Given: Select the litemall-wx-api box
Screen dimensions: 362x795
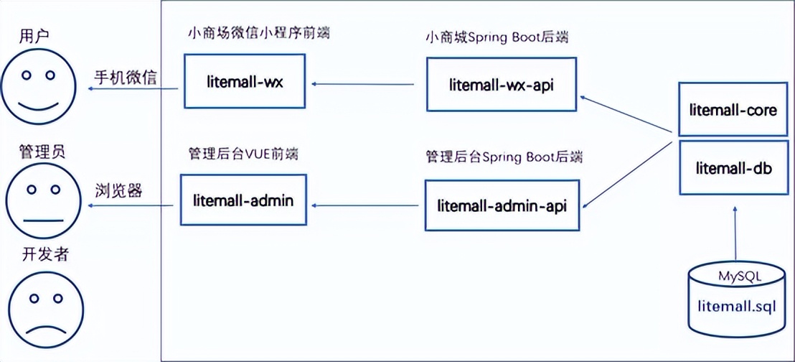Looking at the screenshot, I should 502,85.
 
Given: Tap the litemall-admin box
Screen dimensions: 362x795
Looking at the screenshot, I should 243,200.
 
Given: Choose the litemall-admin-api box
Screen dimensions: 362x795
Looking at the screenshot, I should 502,205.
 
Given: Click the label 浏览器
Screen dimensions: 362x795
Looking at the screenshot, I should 118,191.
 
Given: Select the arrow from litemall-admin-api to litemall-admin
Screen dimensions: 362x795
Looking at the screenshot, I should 367,206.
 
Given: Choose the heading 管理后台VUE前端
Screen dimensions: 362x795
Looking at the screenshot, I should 243,154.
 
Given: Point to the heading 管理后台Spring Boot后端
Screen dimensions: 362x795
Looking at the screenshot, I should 503,156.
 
